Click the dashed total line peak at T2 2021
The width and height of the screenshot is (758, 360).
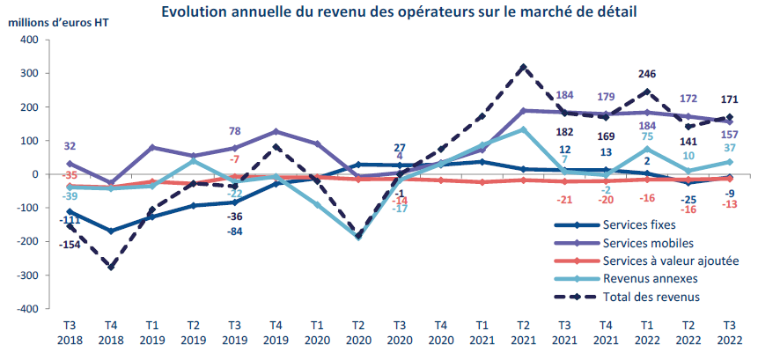(524, 66)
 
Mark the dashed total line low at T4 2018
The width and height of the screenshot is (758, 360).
(111, 268)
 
